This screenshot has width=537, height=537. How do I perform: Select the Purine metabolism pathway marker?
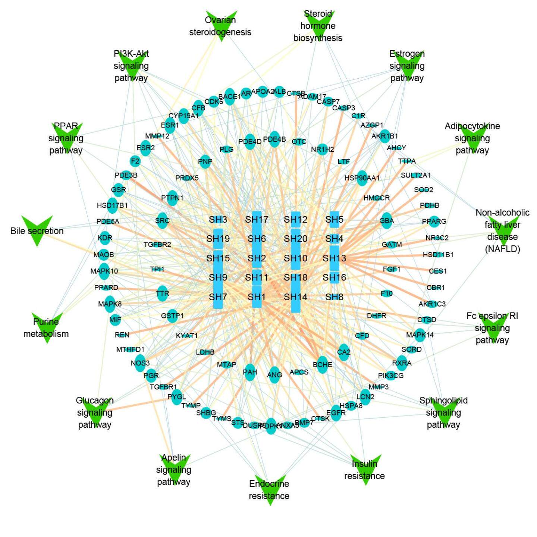click(47, 327)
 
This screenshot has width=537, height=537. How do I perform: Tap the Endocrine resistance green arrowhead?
click(270, 489)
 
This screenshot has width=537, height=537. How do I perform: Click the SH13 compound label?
click(335, 258)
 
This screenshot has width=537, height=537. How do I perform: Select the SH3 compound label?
click(218, 219)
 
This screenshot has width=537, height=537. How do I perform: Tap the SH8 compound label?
click(335, 297)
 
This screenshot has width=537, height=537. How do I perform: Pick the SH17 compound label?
click(257, 219)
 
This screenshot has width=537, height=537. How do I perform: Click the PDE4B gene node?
click(274, 139)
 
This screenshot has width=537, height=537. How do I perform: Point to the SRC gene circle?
click(163, 221)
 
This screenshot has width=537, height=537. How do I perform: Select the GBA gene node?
click(387, 221)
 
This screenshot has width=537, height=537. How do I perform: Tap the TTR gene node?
click(163, 294)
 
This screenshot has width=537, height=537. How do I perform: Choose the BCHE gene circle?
click(323, 365)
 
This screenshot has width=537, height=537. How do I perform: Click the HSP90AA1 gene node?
click(362, 178)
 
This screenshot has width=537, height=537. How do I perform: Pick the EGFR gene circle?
click(336, 413)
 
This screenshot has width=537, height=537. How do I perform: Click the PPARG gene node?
click(434, 222)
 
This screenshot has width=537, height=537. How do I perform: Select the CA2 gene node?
click(344, 352)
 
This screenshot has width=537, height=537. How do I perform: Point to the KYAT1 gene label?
click(187, 336)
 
